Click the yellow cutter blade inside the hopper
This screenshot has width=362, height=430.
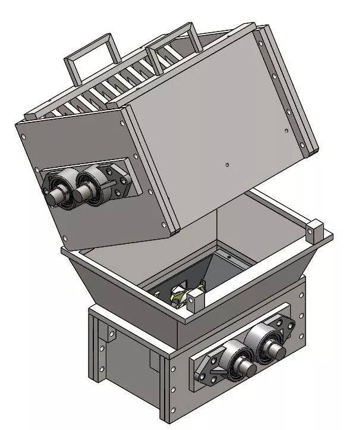[x=179, y=294]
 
